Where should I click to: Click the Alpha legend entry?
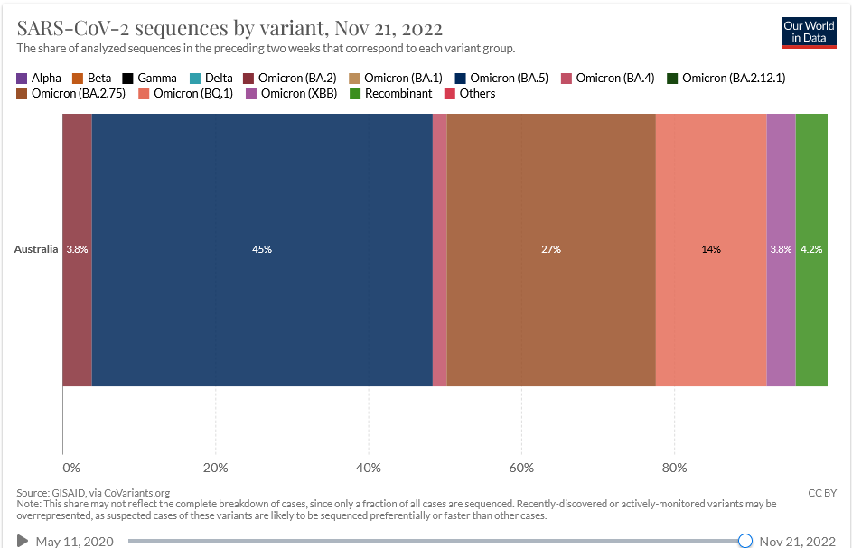click(39, 79)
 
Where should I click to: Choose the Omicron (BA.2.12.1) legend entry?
click(726, 79)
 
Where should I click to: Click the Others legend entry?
click(470, 93)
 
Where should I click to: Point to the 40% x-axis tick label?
click(369, 468)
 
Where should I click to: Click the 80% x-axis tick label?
click(675, 468)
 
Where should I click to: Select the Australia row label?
click(36, 249)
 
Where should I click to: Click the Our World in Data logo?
click(809, 33)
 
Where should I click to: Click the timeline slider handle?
click(745, 541)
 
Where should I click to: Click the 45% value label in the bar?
click(262, 249)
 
